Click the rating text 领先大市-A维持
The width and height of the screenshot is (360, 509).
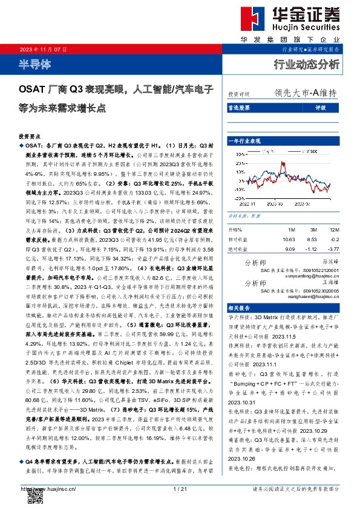(x=305, y=93)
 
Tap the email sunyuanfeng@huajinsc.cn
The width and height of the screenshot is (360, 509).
(x=314, y=274)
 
